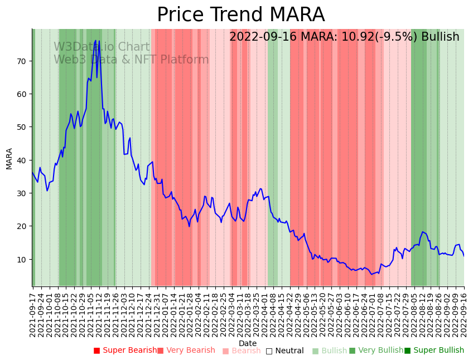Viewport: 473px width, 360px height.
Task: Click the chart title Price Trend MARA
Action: tap(240, 15)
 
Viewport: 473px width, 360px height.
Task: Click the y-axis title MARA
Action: tap(9, 158)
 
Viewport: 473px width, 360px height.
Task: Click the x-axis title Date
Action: tap(248, 343)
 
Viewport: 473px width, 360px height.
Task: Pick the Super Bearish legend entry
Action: tap(126, 351)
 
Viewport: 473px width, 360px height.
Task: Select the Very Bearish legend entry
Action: tap(186, 351)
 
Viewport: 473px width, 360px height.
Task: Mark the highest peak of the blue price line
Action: tap(95, 40)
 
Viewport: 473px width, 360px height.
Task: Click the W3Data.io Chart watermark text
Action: tap(102, 47)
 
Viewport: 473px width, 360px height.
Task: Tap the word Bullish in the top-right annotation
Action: tap(440, 37)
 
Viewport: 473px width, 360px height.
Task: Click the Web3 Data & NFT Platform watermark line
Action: tap(131, 60)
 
